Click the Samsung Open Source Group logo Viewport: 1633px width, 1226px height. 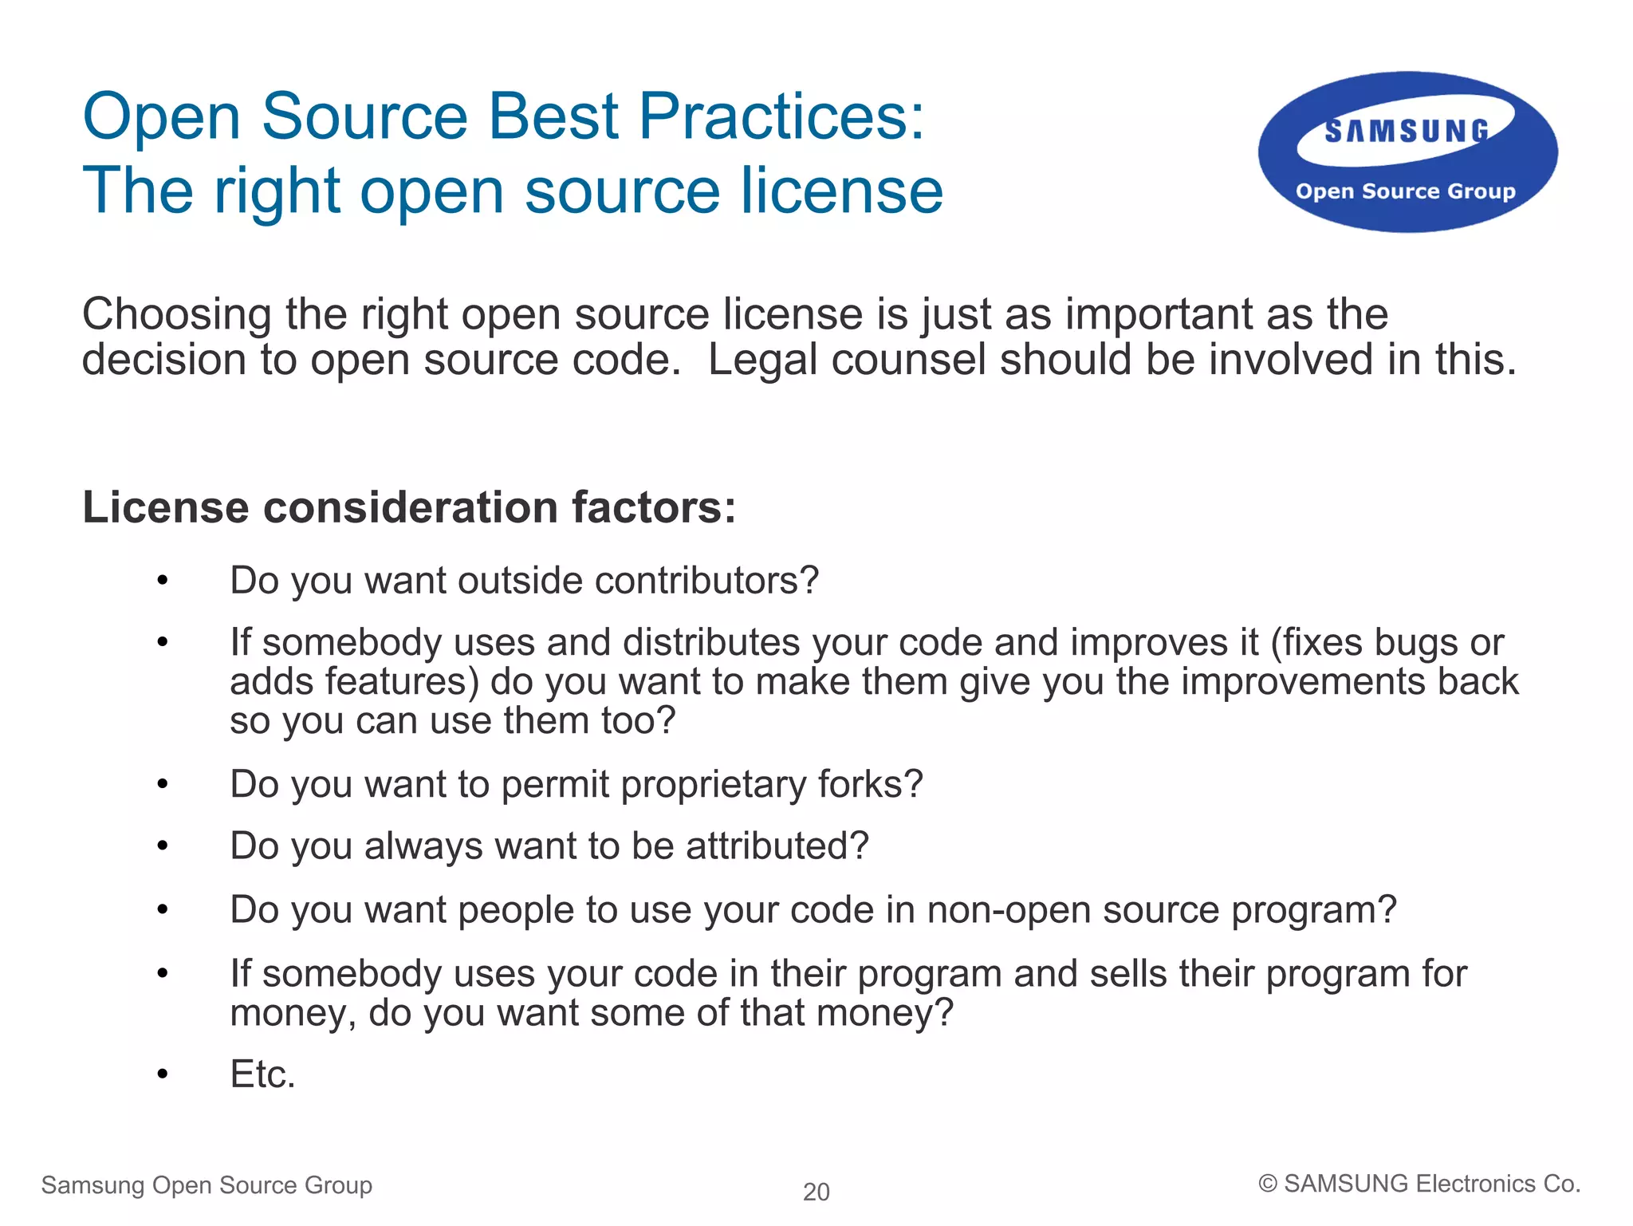(x=1407, y=152)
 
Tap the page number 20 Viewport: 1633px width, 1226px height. (x=816, y=1192)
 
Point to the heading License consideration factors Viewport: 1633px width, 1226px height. (x=409, y=507)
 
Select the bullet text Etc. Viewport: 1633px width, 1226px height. (x=262, y=1074)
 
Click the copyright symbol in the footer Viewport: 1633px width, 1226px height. (x=1267, y=1185)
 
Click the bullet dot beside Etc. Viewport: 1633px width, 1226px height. (x=163, y=1074)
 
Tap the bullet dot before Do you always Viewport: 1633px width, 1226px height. (x=163, y=846)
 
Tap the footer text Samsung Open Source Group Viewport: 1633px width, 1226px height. (x=207, y=1185)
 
